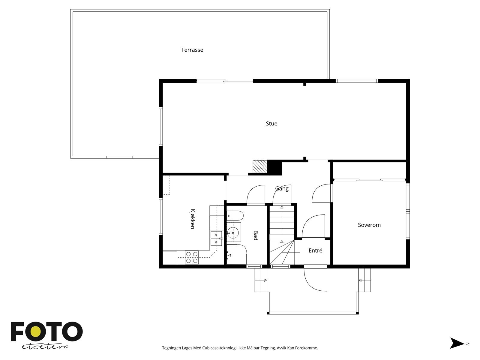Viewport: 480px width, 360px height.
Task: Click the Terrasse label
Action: [x=192, y=50]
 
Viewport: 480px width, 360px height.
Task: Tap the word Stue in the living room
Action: [x=271, y=124]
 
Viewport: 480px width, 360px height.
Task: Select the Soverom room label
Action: [x=369, y=225]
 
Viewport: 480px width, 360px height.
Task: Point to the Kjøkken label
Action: [x=192, y=219]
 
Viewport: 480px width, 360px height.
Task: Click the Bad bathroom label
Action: [x=255, y=235]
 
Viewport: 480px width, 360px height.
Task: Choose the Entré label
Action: [x=315, y=250]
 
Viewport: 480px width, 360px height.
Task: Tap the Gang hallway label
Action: [x=282, y=189]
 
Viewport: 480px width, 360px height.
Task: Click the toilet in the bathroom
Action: [x=235, y=216]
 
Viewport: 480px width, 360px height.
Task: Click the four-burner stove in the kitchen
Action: [x=192, y=257]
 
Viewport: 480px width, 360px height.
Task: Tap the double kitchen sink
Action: [x=216, y=238]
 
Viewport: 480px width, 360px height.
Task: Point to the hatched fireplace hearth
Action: [x=260, y=167]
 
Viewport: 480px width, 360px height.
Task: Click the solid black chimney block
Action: [x=274, y=167]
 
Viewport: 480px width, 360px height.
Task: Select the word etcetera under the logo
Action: [x=45, y=347]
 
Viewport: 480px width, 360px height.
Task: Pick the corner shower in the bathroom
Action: [x=237, y=255]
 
